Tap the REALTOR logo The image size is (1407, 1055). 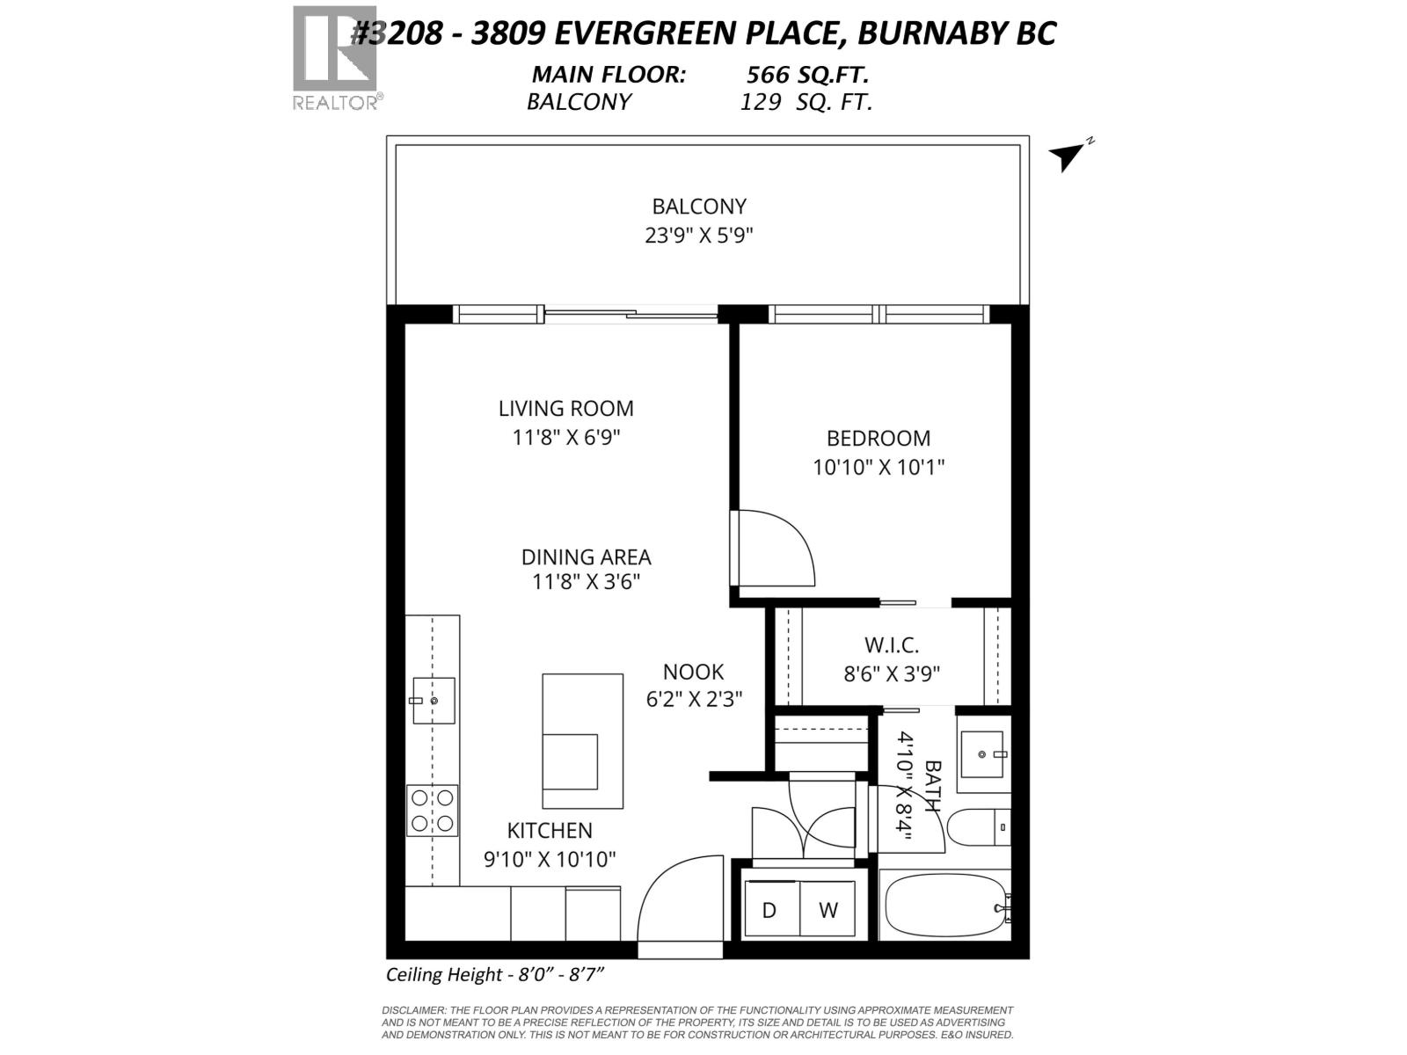coord(335,58)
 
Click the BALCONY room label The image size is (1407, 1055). coord(698,207)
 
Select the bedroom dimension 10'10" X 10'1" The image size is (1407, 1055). coord(878,467)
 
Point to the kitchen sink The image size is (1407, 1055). coord(434,701)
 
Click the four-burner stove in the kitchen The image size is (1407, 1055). coord(432,811)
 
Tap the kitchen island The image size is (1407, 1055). coord(582,740)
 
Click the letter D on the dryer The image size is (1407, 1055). coord(769,910)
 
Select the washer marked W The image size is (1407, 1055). coord(827,910)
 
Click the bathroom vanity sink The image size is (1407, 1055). coord(981,754)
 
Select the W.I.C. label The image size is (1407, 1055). coord(891,645)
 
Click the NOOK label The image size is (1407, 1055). coord(693,672)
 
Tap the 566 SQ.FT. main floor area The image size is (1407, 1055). coord(807,75)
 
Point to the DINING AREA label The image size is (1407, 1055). coord(586,557)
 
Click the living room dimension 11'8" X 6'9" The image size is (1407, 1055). coord(566,437)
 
